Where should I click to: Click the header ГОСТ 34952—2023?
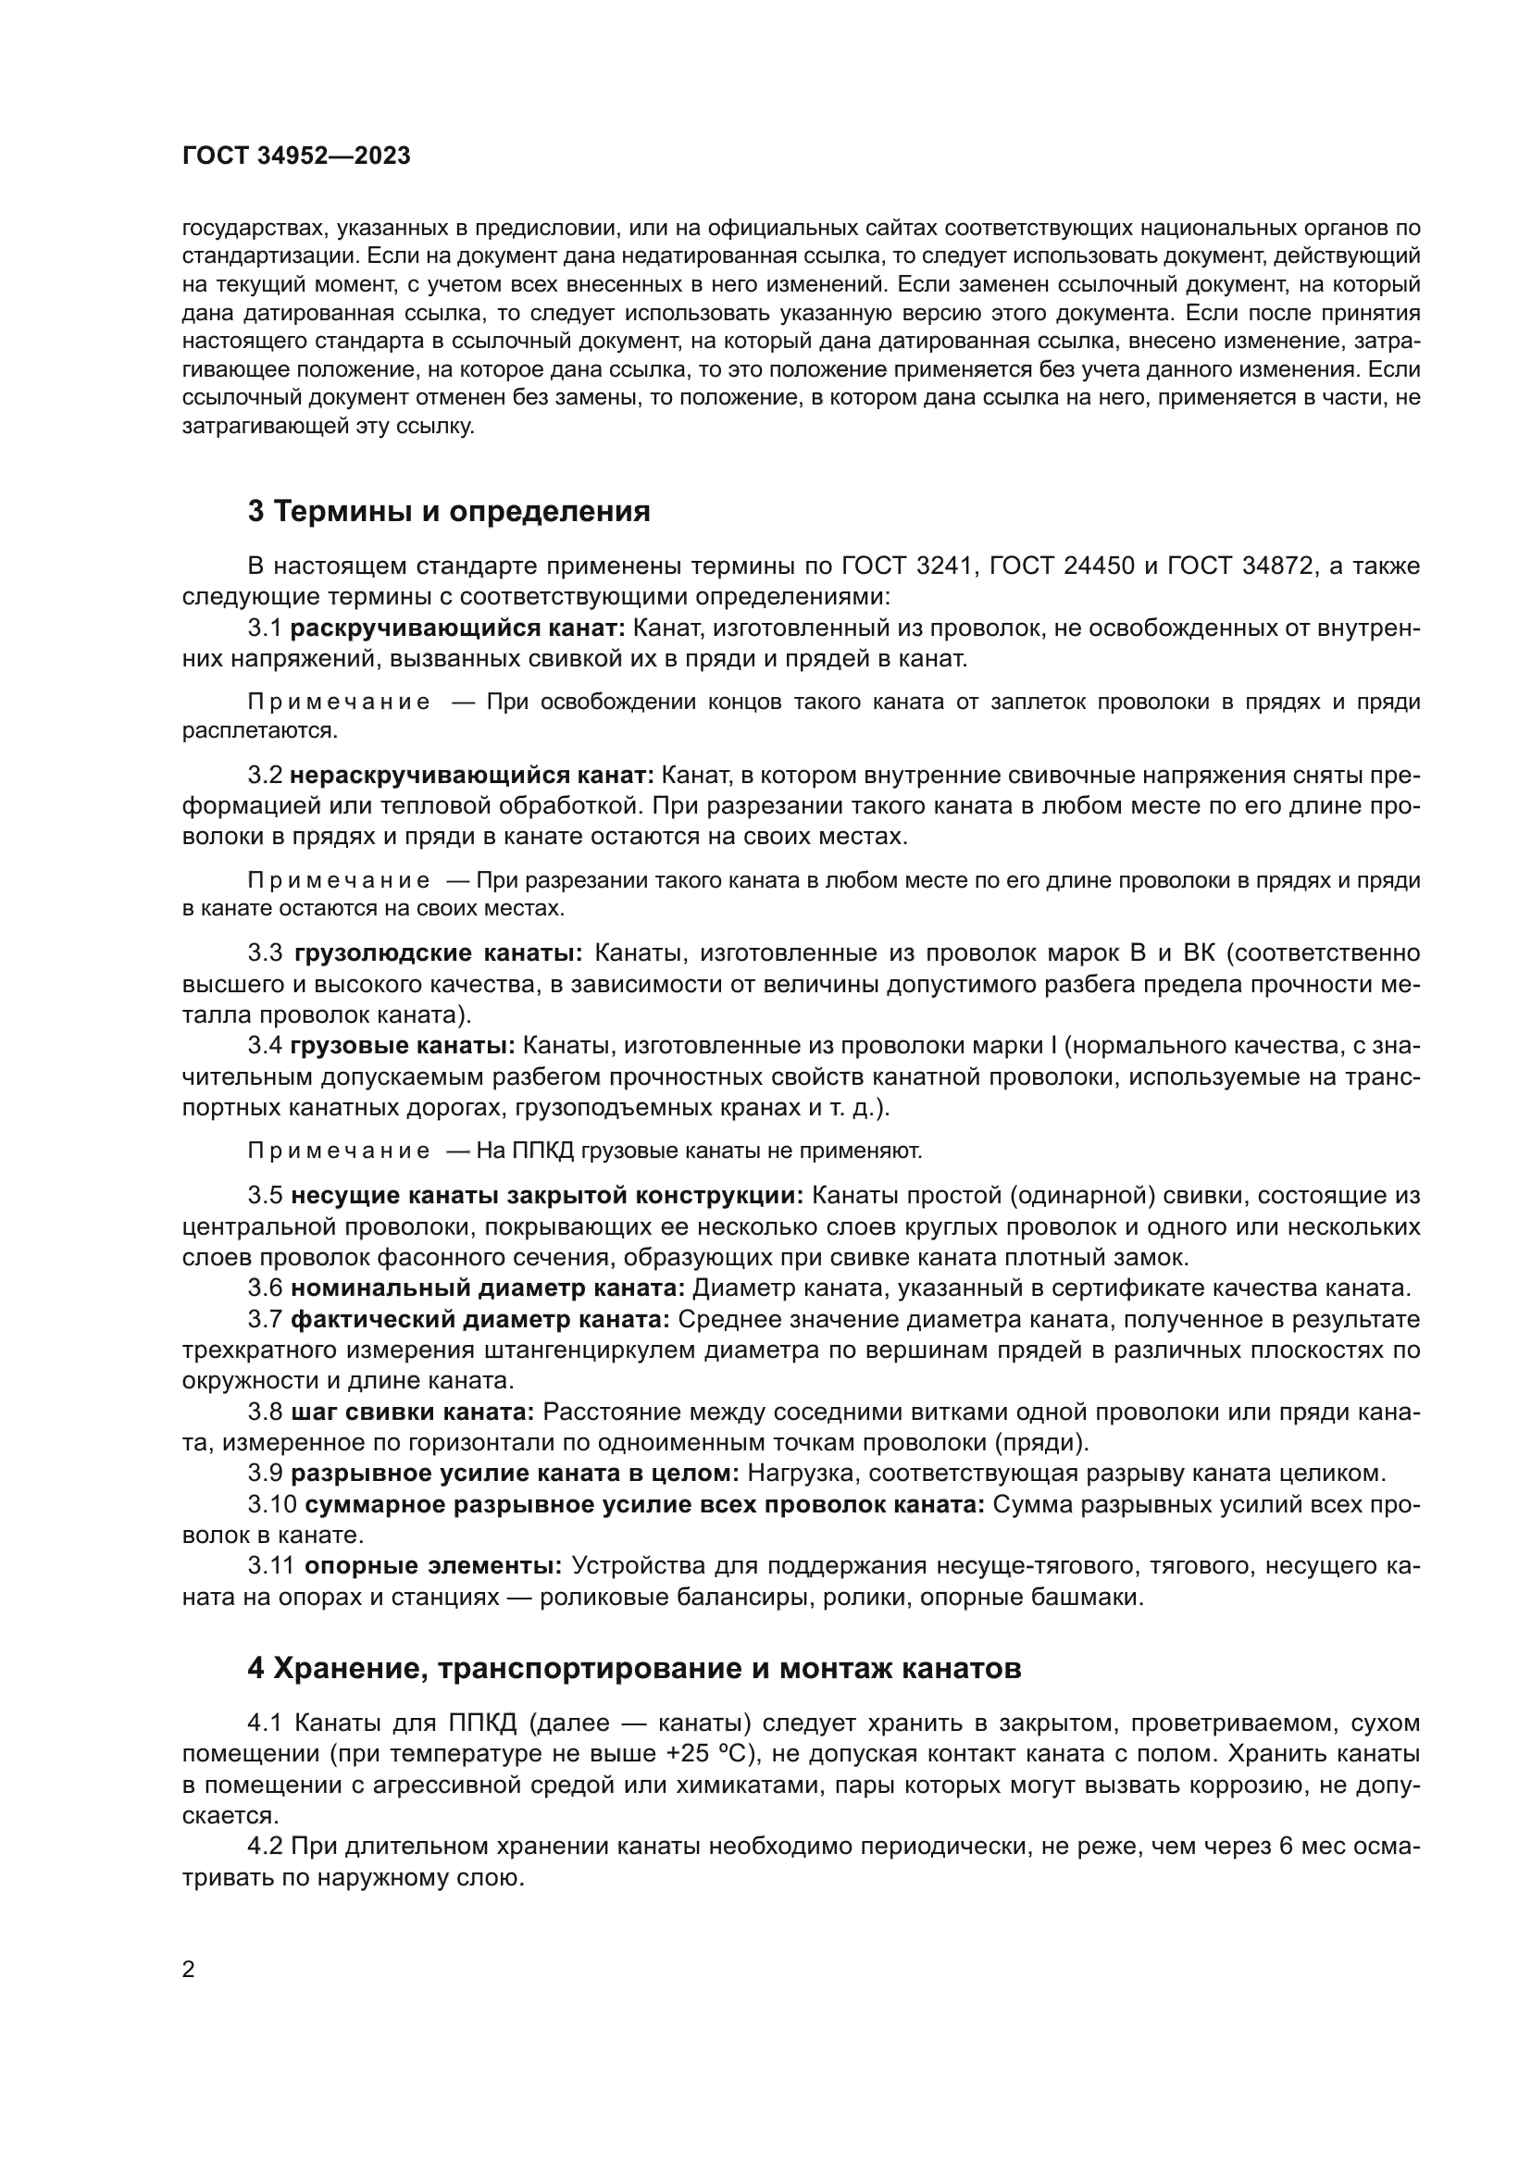[x=296, y=156]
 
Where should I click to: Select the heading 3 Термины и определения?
[x=449, y=511]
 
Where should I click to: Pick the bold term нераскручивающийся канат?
[x=471, y=775]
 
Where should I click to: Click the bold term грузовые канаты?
[x=402, y=1046]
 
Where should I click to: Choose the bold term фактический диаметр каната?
[x=479, y=1319]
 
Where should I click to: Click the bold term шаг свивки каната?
[x=412, y=1412]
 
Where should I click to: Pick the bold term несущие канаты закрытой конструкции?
[x=547, y=1196]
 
